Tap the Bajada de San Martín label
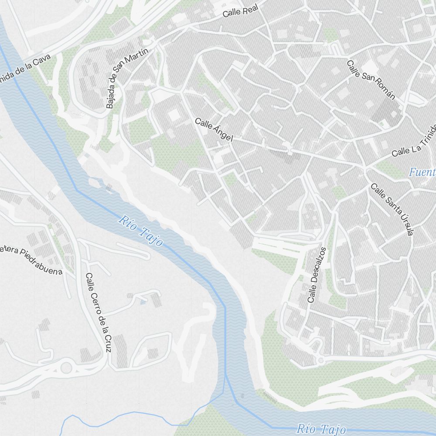(127, 78)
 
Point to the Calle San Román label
(371, 80)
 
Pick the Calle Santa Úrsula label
(392, 209)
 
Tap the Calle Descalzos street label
(317, 275)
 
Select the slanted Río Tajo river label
(140, 231)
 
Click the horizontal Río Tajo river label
(321, 429)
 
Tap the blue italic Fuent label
(422, 172)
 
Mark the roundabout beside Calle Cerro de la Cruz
(66, 368)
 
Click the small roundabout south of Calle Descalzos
(320, 360)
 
